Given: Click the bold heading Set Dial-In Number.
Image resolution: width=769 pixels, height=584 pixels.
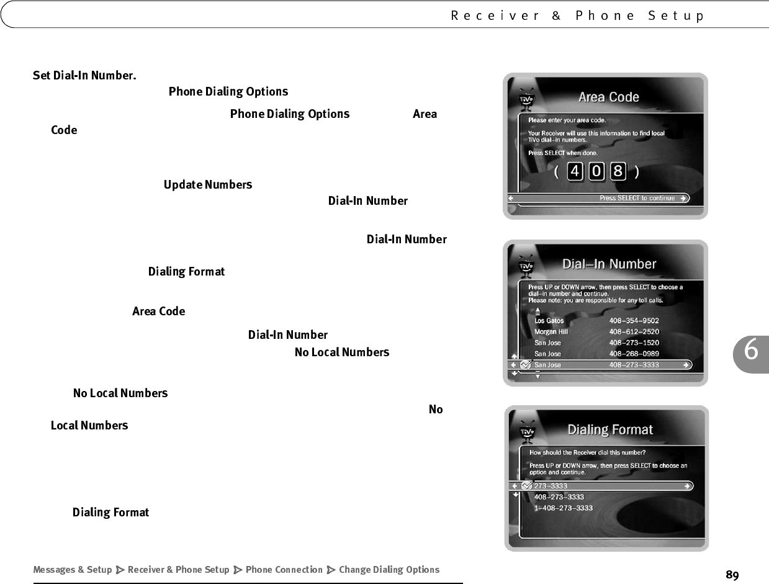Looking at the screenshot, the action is click(x=84, y=76).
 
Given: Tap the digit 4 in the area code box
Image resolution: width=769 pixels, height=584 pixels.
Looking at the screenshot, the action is click(x=575, y=171).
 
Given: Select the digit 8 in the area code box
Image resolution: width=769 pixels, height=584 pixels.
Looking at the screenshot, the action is click(x=618, y=171).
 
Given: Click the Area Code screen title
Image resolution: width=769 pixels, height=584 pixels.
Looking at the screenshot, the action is click(x=608, y=97).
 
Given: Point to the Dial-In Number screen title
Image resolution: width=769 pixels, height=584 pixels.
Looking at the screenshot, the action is click(x=609, y=264).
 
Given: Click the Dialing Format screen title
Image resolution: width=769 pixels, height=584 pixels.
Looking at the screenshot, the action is click(x=610, y=429).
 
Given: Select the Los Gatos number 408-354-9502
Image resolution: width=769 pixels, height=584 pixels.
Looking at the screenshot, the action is click(x=634, y=321).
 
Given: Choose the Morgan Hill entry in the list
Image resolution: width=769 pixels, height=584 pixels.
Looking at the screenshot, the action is click(x=551, y=332).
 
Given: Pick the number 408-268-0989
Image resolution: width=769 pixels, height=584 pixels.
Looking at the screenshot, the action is click(x=634, y=354).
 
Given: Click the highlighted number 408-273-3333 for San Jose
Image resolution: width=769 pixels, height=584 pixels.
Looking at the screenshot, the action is click(x=634, y=365).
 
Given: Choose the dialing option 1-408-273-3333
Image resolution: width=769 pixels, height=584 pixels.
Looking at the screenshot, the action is click(x=563, y=508).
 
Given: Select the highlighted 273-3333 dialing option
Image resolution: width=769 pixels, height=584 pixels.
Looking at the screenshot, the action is click(x=546, y=486).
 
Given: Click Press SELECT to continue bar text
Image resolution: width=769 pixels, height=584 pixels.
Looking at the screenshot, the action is click(x=637, y=198).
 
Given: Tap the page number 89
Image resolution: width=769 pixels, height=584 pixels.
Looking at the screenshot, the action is click(x=732, y=575).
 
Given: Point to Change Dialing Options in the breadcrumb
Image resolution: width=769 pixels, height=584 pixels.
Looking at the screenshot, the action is click(x=389, y=570).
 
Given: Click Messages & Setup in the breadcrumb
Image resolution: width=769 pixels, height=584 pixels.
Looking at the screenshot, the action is click(x=73, y=570).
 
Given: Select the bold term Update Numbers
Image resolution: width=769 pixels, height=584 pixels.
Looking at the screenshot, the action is click(x=208, y=185).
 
